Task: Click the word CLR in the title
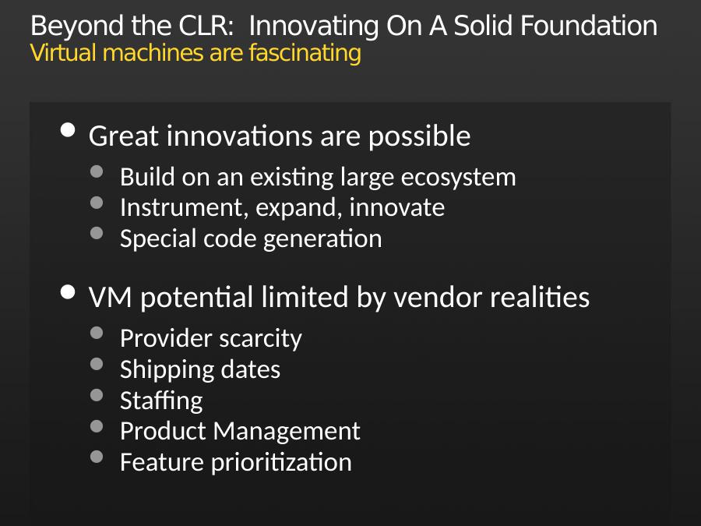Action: pos(206,26)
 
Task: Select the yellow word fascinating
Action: pos(305,54)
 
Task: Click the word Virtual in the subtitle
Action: pos(63,53)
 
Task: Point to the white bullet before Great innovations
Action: pos(68,131)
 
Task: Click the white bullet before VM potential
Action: pos(68,292)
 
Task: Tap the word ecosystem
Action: pos(458,178)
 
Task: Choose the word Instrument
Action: pos(184,207)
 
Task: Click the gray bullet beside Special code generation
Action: pos(97,234)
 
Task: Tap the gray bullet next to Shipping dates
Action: pos(97,364)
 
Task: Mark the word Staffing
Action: pos(161,401)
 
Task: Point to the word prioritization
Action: pos(281,462)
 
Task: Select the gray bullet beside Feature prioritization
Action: pos(97,457)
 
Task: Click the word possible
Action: pos(419,136)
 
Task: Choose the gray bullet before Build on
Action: pos(97,171)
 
